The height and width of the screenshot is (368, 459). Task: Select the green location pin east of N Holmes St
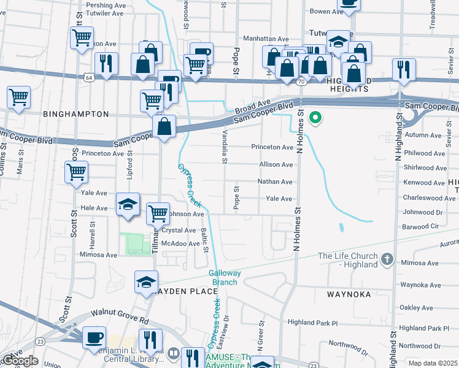click(x=315, y=117)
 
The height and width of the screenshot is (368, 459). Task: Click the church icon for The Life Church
click(x=386, y=259)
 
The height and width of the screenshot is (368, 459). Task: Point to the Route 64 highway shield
click(x=90, y=78)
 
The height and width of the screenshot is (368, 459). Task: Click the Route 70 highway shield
click(x=301, y=81)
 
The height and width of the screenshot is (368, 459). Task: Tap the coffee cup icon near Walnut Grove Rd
click(x=94, y=338)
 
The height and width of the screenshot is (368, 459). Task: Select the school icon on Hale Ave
click(x=128, y=205)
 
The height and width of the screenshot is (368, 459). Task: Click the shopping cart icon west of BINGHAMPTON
click(x=18, y=98)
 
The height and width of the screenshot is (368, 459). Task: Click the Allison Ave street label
click(x=276, y=165)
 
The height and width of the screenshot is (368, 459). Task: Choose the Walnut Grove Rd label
click(x=120, y=316)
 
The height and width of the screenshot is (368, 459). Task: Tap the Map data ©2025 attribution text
click(x=432, y=363)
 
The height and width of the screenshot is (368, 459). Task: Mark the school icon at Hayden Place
click(x=146, y=283)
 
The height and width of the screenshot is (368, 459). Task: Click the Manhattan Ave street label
click(x=266, y=39)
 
